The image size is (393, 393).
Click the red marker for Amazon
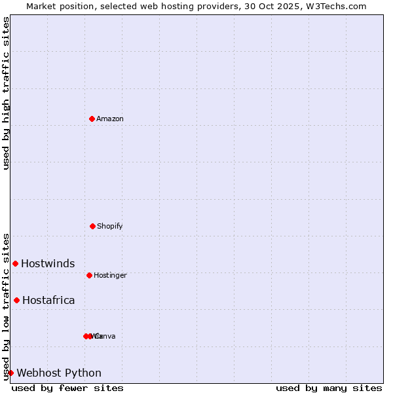tap(92, 119)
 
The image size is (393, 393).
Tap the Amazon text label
tap(110, 119)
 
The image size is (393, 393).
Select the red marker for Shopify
tap(92, 226)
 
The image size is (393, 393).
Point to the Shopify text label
tap(110, 226)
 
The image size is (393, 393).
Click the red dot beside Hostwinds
tap(15, 263)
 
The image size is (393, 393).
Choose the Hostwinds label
tap(48, 263)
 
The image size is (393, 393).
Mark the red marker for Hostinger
tap(89, 275)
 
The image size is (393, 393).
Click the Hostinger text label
tap(110, 275)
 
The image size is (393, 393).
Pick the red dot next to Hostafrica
tap(16, 300)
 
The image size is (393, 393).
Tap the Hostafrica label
tap(48, 300)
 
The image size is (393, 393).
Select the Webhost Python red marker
tap(10, 373)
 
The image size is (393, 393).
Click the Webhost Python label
tap(59, 373)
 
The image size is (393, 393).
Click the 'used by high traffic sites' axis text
tap(6, 93)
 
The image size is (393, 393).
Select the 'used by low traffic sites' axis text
tap(6, 306)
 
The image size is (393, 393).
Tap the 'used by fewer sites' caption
tap(67, 388)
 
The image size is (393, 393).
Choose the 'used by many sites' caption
tap(329, 388)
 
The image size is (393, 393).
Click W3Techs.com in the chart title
tap(337, 6)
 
